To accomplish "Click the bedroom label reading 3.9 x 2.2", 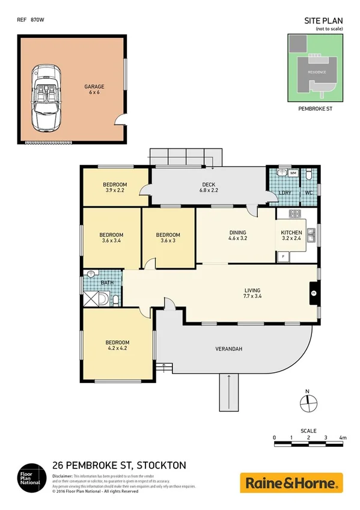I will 114,187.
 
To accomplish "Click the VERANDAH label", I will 228,349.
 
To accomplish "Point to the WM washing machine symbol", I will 293,174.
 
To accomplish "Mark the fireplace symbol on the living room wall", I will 313,293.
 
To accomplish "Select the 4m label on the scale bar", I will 343,437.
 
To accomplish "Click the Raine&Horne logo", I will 291,482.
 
